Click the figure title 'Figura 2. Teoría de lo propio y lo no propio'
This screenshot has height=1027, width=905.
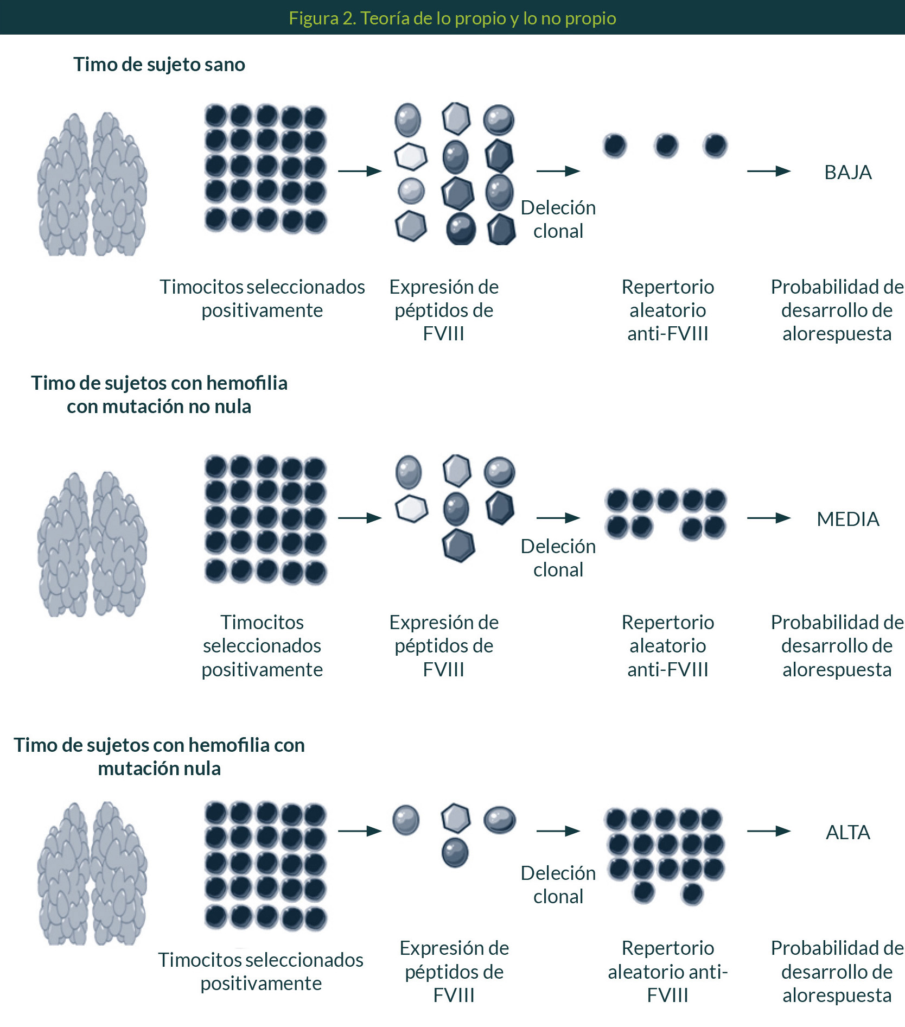tap(452, 18)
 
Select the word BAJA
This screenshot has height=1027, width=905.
tap(847, 173)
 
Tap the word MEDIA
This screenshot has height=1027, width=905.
tap(847, 519)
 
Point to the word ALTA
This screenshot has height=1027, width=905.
tap(847, 832)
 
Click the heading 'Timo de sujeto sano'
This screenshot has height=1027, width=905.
tap(159, 65)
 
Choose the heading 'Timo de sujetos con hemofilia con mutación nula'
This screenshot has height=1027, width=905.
tap(159, 756)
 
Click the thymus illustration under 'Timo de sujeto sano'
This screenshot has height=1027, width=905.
tap(92, 185)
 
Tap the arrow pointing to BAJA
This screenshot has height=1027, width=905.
tap(768, 172)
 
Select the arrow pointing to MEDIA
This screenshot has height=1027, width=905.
tap(768, 518)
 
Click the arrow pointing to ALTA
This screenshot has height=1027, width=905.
tap(768, 831)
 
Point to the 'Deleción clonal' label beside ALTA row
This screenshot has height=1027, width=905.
tap(558, 884)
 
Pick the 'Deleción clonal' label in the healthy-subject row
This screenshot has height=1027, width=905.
tap(558, 219)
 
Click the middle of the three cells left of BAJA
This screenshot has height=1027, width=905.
tap(666, 145)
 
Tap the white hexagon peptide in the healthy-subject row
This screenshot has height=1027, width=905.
tap(411, 156)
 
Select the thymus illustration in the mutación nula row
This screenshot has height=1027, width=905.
tap(92, 874)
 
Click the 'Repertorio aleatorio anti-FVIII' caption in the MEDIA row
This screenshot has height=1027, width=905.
tap(667, 645)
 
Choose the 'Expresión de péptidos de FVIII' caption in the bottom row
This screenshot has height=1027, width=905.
tap(454, 971)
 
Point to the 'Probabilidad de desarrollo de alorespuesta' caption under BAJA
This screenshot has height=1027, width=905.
tap(837, 310)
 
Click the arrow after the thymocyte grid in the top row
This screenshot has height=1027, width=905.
tap(360, 172)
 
